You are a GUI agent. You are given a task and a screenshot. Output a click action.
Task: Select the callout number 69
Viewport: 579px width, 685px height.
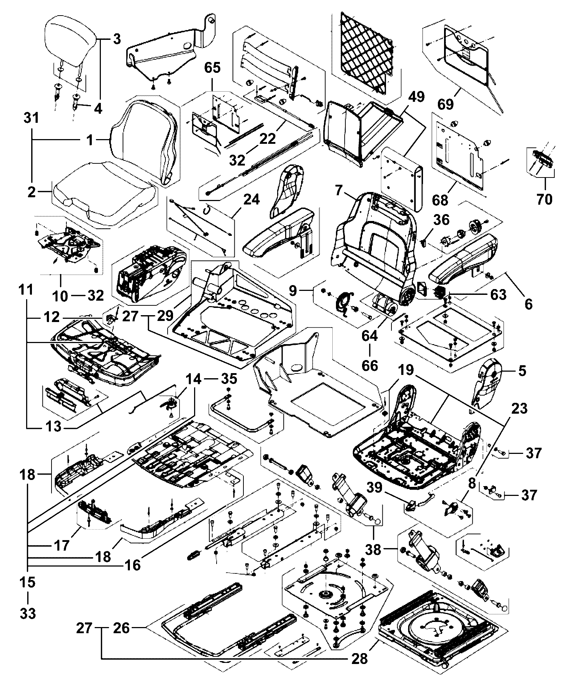tap(445, 104)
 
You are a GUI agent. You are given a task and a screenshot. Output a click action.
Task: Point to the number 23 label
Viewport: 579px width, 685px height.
tap(520, 409)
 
